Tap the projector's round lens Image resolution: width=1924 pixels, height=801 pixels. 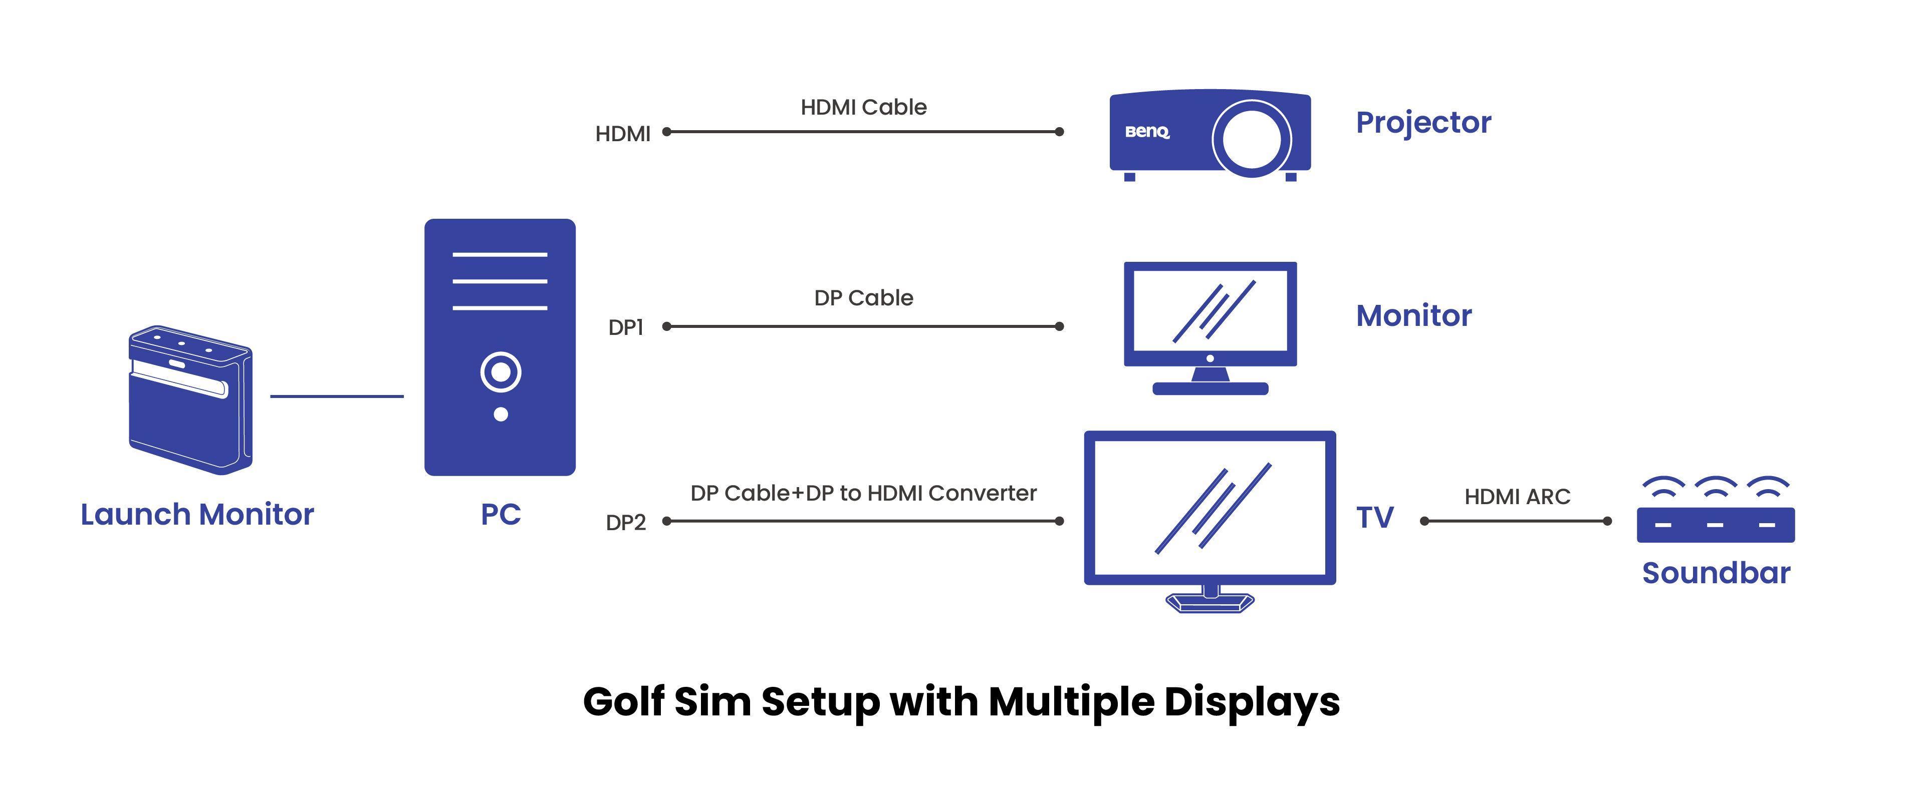[x=1251, y=139]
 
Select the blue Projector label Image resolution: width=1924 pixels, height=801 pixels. [x=1423, y=123]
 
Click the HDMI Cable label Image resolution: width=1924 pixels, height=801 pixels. [x=863, y=108]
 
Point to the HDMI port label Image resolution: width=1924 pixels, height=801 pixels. [x=622, y=134]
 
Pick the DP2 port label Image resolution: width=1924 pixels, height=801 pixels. [x=625, y=523]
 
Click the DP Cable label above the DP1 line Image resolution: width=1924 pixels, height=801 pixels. [x=863, y=298]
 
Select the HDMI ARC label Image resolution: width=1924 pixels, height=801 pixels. [x=1517, y=497]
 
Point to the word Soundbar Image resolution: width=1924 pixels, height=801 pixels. [x=1716, y=573]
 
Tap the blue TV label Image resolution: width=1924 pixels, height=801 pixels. [x=1374, y=517]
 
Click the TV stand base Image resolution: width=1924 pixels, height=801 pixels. [x=1210, y=602]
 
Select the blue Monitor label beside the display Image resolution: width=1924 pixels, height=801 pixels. [x=1413, y=316]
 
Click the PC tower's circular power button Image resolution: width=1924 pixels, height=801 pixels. [x=501, y=372]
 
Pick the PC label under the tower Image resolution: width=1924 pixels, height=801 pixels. [x=501, y=514]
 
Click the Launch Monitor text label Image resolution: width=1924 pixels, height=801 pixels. [x=197, y=514]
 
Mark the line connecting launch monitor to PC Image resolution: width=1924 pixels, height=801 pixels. [x=336, y=396]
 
